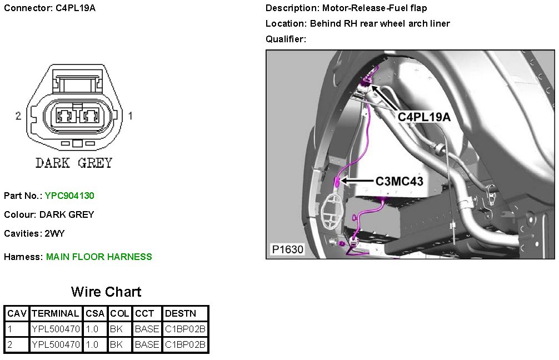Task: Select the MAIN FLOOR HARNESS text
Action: pyautogui.click(x=99, y=257)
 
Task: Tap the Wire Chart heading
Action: pyautogui.click(x=106, y=292)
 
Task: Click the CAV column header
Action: pyautogui.click(x=17, y=313)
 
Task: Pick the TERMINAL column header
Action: pyautogui.click(x=56, y=313)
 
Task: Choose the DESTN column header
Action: pyautogui.click(x=185, y=313)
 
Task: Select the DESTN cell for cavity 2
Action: pyautogui.click(x=185, y=344)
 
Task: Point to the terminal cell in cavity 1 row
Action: pyautogui.click(x=56, y=329)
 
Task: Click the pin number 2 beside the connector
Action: pyautogui.click(x=18, y=116)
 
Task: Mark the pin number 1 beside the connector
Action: pyautogui.click(x=130, y=116)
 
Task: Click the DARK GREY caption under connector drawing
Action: pyautogui.click(x=74, y=163)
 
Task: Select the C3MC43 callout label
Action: pyautogui.click(x=400, y=181)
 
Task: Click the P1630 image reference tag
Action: pyautogui.click(x=288, y=249)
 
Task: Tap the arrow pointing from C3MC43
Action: pyautogui.click(x=356, y=181)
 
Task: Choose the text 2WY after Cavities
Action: pyautogui.click(x=54, y=233)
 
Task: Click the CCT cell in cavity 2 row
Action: pyautogui.click(x=147, y=344)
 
